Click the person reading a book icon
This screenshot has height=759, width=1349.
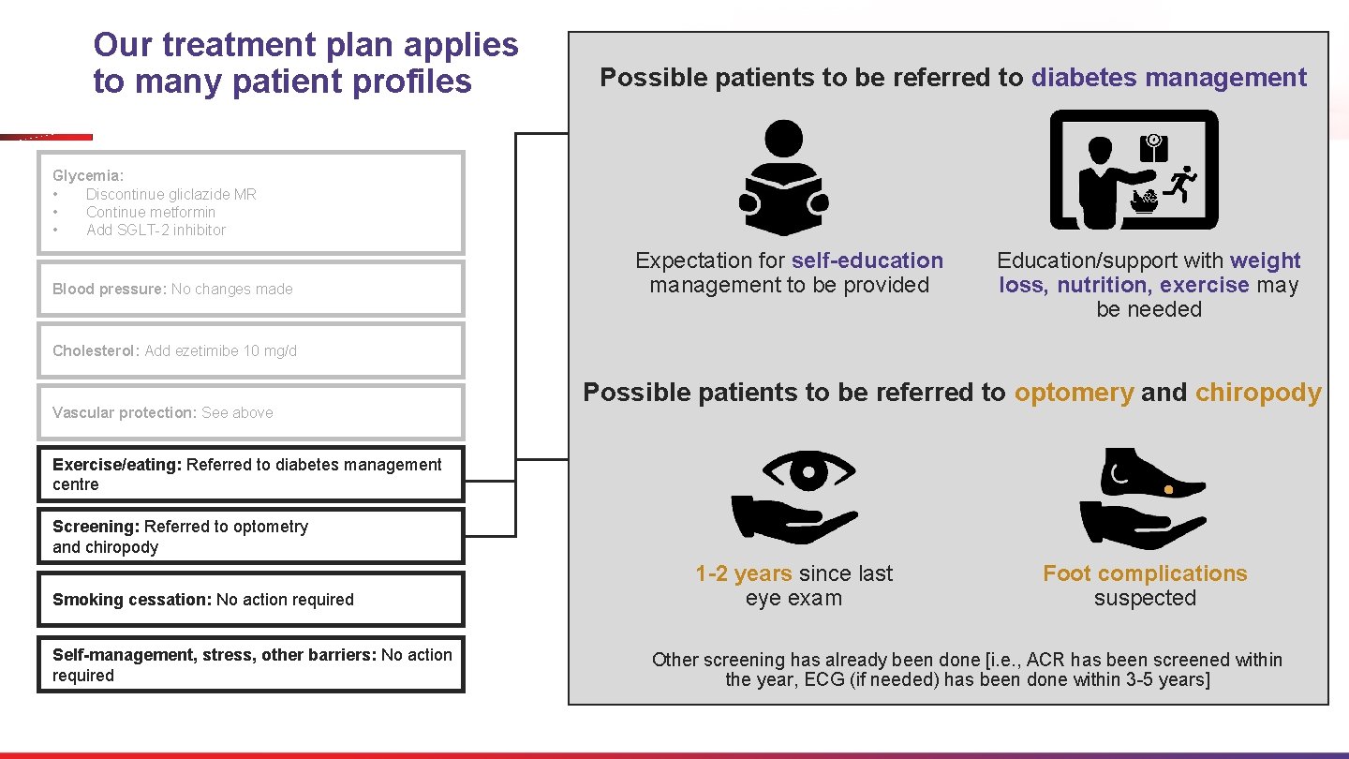click(x=783, y=178)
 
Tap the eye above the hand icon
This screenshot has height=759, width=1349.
click(x=794, y=469)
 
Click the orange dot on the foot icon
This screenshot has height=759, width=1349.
click(x=1169, y=490)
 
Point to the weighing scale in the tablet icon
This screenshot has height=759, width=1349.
click(x=1153, y=148)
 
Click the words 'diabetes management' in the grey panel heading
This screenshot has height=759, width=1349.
click(x=1168, y=78)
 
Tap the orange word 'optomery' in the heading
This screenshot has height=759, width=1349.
click(x=1074, y=393)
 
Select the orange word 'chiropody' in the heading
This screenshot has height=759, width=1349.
click(x=1258, y=393)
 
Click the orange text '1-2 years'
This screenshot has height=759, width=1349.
click(x=743, y=573)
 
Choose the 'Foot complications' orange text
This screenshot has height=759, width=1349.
click(x=1145, y=573)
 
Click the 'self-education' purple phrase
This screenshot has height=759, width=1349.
click(x=867, y=260)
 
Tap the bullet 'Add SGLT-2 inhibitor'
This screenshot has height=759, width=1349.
click(x=156, y=230)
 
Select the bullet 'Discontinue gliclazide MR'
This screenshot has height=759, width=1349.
click(x=170, y=194)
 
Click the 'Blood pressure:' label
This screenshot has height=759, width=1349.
click(x=109, y=289)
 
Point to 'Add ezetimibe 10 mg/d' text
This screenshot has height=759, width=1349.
click(x=220, y=350)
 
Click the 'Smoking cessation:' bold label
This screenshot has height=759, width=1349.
click(x=132, y=600)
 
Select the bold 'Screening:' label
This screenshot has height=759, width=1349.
click(x=96, y=527)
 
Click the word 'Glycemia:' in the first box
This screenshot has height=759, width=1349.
click(x=87, y=175)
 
